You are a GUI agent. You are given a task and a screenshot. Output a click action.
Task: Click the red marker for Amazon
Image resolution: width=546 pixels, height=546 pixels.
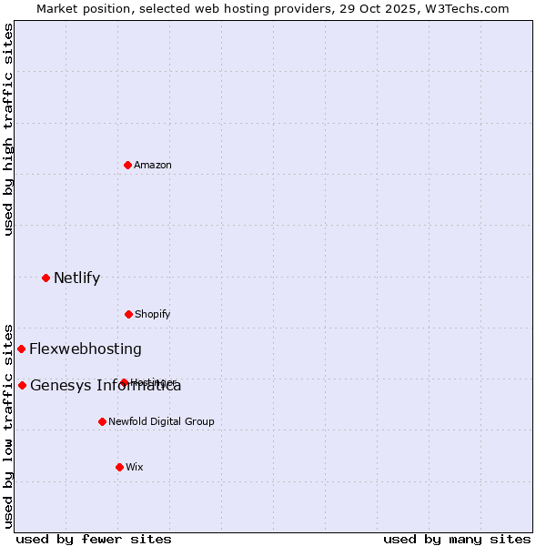click(127, 165)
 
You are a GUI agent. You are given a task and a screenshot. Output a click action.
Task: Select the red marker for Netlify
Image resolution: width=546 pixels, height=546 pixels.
click(45, 278)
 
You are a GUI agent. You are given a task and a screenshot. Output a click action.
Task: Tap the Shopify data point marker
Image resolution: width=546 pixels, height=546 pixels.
click(128, 314)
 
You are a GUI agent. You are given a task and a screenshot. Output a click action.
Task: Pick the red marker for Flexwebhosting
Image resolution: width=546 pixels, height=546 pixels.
click(21, 349)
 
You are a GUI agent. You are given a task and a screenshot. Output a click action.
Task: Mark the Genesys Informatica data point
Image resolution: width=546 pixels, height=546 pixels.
click(22, 385)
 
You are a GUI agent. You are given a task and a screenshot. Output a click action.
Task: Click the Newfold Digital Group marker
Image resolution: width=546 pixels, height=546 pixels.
click(102, 421)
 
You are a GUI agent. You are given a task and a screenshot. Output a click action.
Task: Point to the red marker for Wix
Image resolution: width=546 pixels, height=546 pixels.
click(119, 467)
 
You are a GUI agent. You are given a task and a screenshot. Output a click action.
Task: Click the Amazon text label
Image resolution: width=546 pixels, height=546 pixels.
click(152, 165)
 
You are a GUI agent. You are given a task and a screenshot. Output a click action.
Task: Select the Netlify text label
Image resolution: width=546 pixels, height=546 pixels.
click(76, 278)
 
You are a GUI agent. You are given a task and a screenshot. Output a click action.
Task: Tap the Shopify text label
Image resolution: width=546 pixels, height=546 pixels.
click(152, 314)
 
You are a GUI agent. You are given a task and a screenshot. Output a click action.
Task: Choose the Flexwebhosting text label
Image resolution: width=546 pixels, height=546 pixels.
click(86, 349)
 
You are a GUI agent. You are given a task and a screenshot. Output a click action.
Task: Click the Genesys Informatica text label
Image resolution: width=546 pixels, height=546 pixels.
click(106, 385)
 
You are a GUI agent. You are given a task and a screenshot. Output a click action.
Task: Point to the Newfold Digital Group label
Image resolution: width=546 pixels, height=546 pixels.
click(161, 421)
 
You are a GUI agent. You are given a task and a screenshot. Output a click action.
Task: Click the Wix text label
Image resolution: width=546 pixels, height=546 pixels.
click(134, 467)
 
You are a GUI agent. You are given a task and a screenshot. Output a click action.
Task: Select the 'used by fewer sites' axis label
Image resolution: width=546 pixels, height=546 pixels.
click(94, 539)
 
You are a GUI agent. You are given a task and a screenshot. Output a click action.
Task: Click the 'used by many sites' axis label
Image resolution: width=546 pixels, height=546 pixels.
click(457, 539)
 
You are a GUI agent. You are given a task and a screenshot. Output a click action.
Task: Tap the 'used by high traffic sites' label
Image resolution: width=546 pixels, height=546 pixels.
click(8, 129)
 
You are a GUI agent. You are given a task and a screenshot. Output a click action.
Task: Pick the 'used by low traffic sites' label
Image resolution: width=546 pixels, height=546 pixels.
click(8, 425)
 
